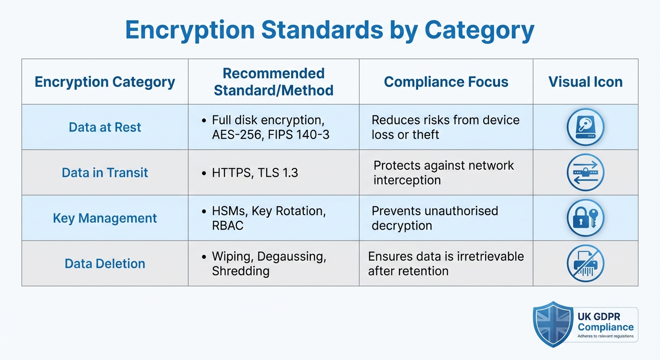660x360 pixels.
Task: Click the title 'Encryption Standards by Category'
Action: [330, 30]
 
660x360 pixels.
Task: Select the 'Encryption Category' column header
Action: [105, 82]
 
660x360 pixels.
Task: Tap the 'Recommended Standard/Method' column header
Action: [274, 82]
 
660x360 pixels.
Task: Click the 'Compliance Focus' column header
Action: [446, 82]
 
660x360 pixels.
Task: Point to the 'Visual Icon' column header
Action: [585, 82]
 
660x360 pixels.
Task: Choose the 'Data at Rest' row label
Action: [105, 127]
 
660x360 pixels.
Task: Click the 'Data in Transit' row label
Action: [105, 172]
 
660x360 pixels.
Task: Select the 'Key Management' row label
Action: [105, 218]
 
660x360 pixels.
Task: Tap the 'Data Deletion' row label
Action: [105, 263]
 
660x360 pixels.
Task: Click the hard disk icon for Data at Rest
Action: [585, 127]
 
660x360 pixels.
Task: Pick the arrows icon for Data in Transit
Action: [585, 172]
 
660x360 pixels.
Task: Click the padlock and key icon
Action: [585, 218]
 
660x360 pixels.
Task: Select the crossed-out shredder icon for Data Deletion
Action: [585, 263]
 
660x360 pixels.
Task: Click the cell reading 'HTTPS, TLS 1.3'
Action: [255, 172]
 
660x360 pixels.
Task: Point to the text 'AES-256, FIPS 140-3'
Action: [270, 135]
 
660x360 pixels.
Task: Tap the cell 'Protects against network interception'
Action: [443, 172]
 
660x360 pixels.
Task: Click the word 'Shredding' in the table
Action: [240, 271]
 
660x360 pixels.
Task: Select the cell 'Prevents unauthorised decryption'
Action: [435, 218]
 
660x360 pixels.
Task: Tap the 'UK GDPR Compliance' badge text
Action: [606, 322]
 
